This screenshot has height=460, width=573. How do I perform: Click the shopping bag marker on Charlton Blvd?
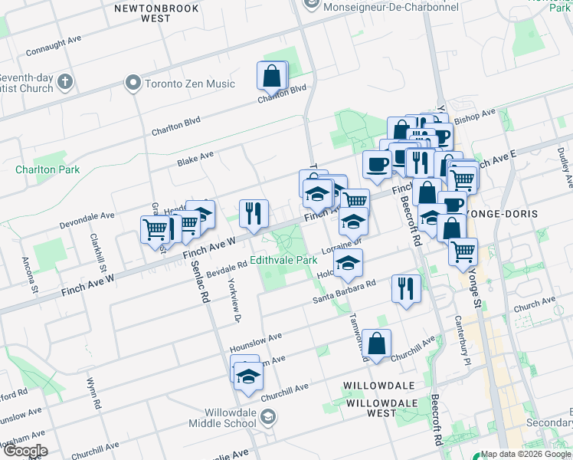(272, 76)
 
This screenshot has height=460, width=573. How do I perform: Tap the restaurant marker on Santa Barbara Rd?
(405, 289)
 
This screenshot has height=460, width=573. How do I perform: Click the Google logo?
(25, 451)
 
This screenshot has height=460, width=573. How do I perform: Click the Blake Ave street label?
(195, 157)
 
